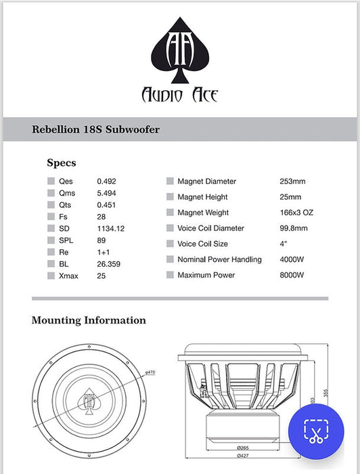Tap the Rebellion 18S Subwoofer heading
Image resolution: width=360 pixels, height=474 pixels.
coord(95,129)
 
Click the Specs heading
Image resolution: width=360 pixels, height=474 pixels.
coord(61,163)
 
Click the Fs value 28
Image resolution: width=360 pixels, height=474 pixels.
coord(102,217)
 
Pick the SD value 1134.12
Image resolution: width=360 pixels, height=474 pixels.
coord(111,228)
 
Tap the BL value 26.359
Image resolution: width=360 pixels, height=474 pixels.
coord(108,263)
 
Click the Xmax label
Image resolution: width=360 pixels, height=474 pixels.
coord(68,276)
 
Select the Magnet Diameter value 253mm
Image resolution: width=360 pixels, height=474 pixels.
coord(292,181)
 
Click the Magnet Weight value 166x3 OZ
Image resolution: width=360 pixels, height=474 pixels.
coord(296,213)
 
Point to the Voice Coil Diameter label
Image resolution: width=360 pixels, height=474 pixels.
coord(210,228)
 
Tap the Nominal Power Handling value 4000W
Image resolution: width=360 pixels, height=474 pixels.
coord(292,259)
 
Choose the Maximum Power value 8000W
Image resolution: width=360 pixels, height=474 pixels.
coord(292,275)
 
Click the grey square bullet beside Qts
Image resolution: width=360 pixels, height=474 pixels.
coord(51,205)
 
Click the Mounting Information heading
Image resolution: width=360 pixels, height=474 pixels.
coord(89,320)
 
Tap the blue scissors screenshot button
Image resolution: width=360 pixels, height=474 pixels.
coord(315,431)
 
